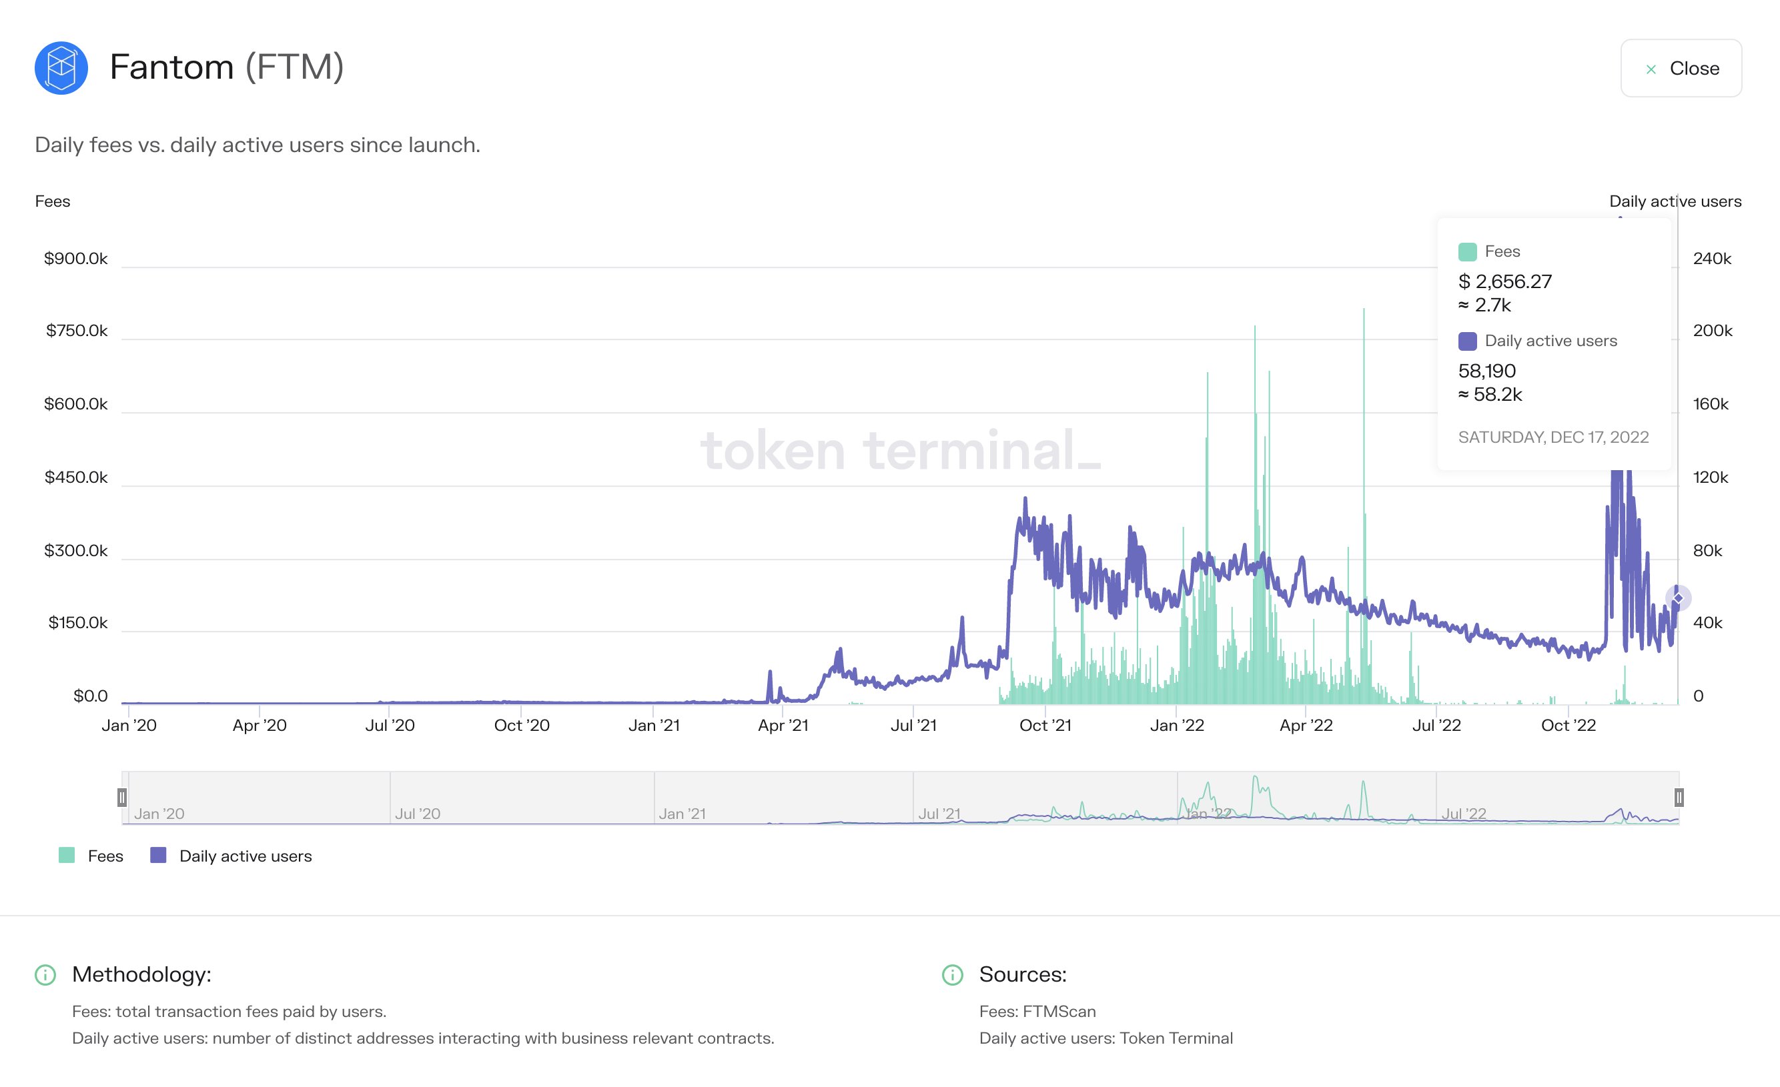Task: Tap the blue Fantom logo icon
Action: coord(61,68)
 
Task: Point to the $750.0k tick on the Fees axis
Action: coord(77,331)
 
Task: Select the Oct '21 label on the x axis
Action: coord(1045,725)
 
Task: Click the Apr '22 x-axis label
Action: coord(1306,725)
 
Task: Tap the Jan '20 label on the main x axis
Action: coord(129,725)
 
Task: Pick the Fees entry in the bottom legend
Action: coord(92,856)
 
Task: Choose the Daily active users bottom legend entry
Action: coord(231,856)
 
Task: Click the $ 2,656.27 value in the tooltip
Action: coord(1504,281)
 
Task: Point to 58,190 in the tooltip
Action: coord(1486,371)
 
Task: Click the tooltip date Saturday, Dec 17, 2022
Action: coord(1553,437)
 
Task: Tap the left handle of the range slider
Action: coord(122,798)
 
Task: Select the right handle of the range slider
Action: coord(1679,798)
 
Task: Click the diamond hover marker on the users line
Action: coord(1677,598)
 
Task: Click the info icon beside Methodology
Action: coord(45,975)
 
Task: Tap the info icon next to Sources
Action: coord(952,975)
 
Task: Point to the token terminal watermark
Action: coord(899,451)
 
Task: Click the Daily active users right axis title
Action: coord(1675,201)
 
